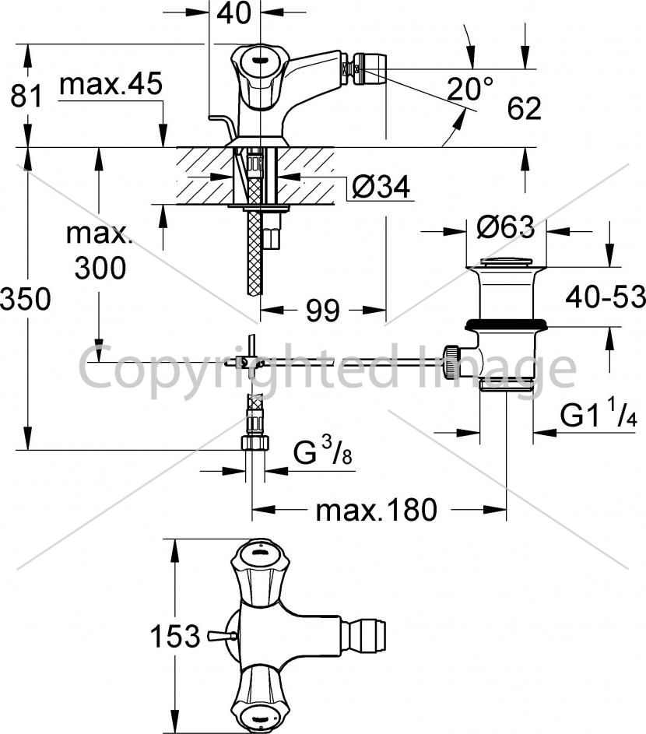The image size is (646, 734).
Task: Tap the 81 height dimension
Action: [26, 97]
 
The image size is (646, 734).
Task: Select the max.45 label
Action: [111, 84]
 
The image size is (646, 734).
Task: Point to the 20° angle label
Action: [469, 89]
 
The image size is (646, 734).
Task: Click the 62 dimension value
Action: [524, 108]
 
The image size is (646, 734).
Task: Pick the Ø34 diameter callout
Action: [381, 187]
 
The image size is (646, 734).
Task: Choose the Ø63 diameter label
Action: [506, 227]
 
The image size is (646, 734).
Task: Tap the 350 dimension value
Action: [25, 299]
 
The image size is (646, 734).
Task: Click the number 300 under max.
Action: [100, 269]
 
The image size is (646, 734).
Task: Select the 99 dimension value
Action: [322, 311]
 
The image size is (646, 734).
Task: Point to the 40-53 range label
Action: [606, 297]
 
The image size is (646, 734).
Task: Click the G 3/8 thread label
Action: [322, 451]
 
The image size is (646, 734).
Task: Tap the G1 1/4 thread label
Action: [599, 413]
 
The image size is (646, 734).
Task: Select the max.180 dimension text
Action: [377, 511]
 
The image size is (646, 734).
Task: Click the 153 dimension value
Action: [175, 636]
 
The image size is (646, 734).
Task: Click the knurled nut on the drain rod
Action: [451, 360]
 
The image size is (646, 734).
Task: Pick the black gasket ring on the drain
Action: [506, 324]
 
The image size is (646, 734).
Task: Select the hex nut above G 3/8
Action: [255, 442]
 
